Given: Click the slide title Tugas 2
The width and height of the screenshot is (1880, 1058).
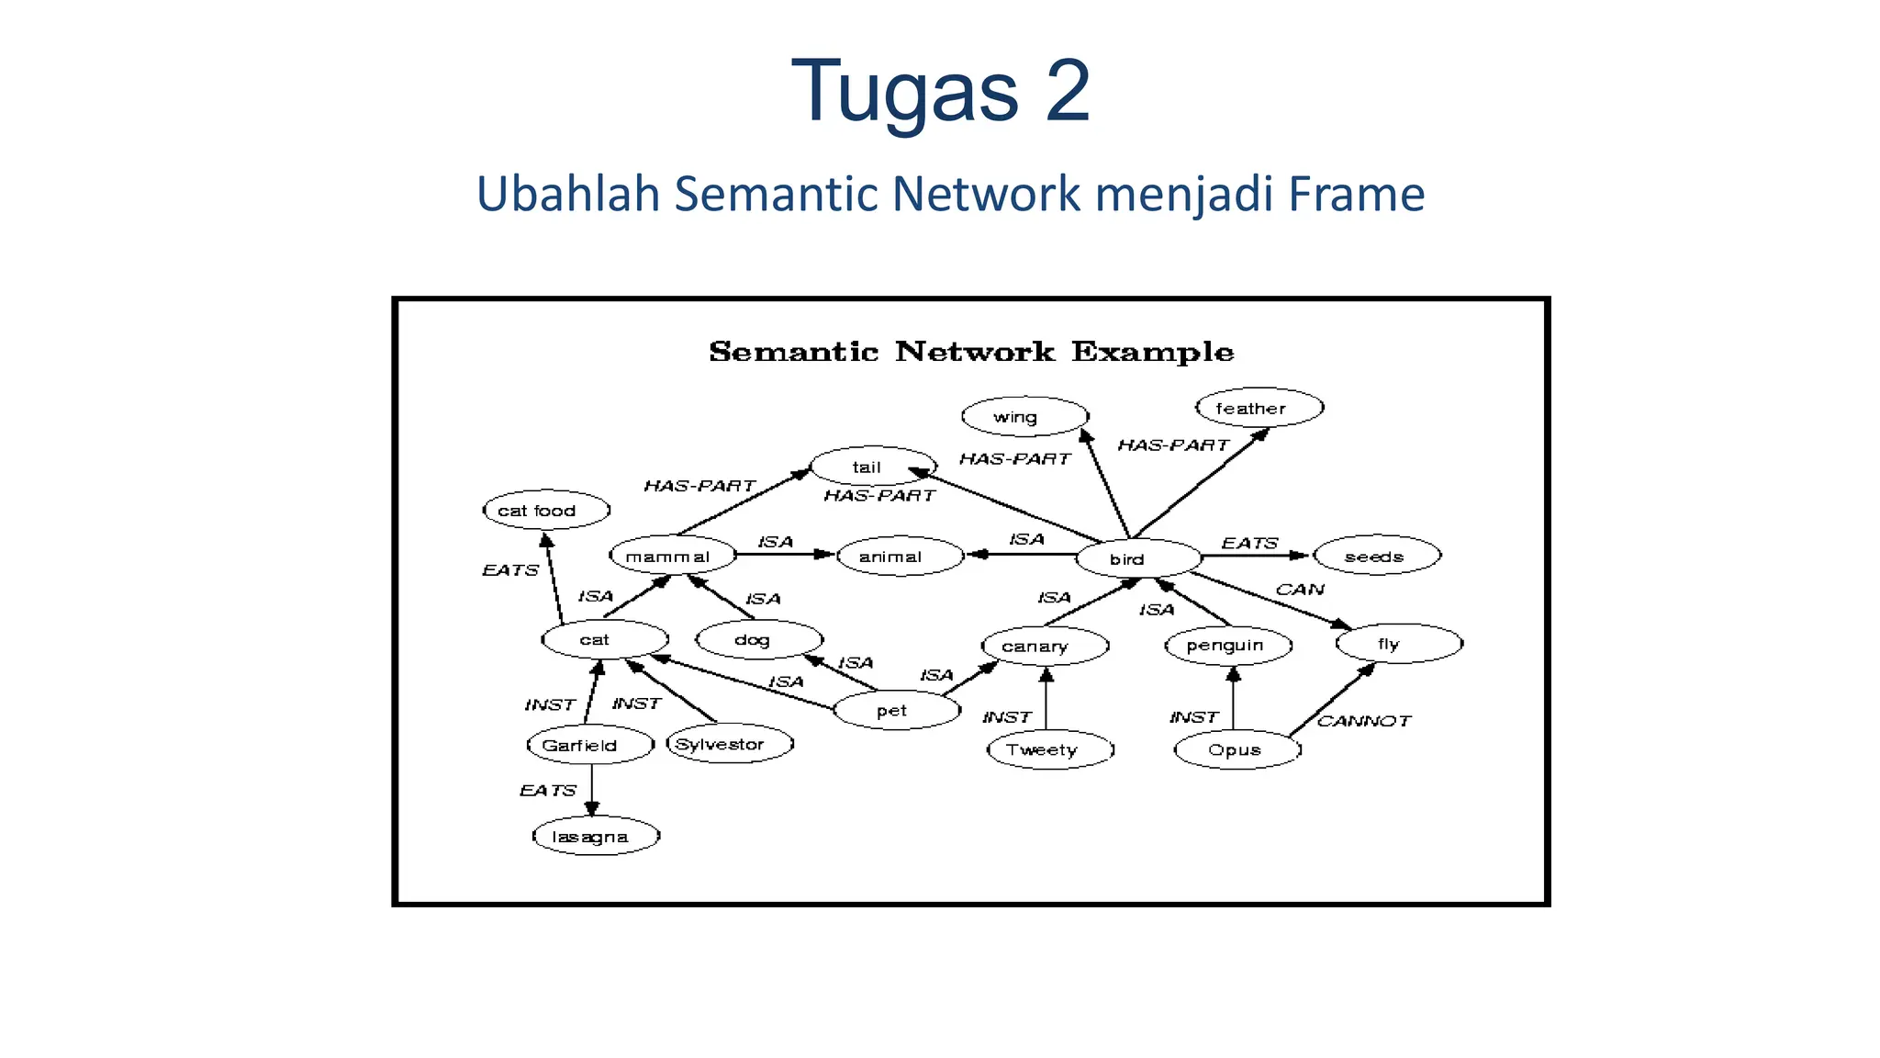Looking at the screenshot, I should [940, 91].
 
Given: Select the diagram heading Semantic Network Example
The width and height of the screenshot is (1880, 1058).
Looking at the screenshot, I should [971, 352].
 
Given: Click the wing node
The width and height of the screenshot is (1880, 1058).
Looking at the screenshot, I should [1024, 417].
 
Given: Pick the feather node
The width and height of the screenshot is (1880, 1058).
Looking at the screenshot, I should [1259, 408].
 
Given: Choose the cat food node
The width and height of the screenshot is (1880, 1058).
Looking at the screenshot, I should [546, 511].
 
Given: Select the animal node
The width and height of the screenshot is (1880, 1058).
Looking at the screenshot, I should [900, 557].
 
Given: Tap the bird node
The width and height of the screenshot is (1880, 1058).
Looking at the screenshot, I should [1137, 558].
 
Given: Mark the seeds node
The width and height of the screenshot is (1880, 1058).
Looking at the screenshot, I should [1377, 556].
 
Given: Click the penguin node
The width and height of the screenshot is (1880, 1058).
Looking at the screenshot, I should [1228, 646].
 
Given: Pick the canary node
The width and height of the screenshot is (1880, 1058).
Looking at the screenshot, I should [1044, 647].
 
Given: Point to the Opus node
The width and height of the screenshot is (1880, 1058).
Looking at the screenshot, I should [1237, 749].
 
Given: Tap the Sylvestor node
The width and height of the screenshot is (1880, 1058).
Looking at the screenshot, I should [729, 744].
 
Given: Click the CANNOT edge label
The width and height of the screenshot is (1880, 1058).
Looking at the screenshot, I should [1363, 721].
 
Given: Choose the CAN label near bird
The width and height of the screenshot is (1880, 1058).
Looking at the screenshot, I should [1300, 590].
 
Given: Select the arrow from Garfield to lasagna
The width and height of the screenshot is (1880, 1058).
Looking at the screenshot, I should [592, 790].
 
